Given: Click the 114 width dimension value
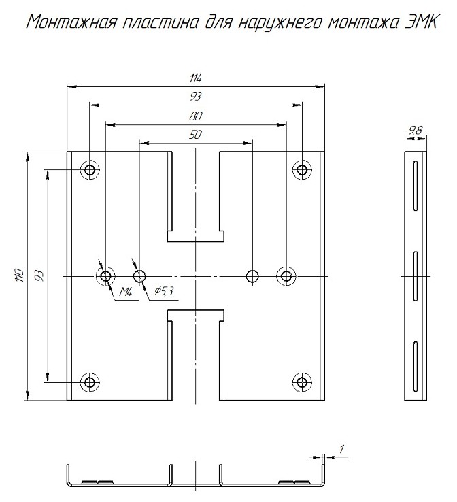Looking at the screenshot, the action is [195, 78].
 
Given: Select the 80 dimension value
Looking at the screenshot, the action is [196, 116].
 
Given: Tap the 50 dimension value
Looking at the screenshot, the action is [196, 135].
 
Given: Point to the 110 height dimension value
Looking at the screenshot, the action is [19, 275].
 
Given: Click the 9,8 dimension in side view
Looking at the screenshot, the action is [416, 131].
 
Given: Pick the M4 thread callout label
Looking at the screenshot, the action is [126, 292].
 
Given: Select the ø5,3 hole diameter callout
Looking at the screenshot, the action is [164, 291].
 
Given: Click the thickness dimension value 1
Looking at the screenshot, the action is [342, 449].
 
